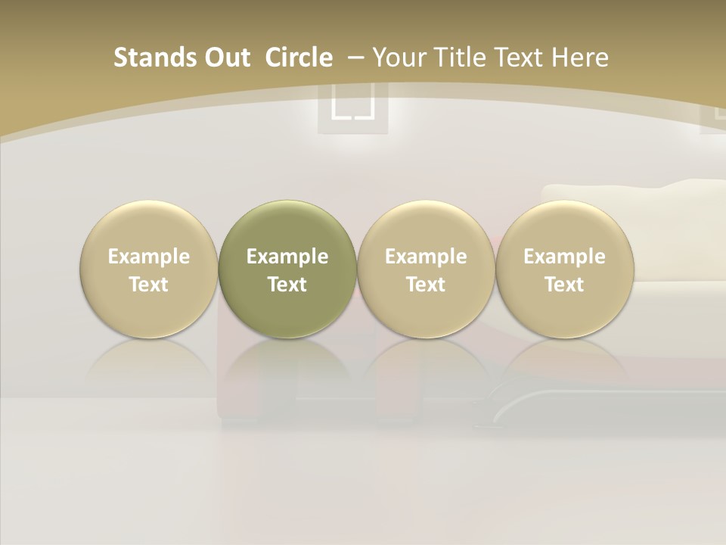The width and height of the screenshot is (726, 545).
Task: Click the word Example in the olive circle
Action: tap(287, 257)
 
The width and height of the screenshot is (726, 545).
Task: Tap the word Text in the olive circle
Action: tap(287, 285)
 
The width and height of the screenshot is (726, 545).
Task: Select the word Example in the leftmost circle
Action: tap(149, 257)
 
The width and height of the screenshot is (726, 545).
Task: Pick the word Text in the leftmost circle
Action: tap(149, 285)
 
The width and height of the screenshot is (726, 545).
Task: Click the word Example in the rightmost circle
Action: tap(564, 257)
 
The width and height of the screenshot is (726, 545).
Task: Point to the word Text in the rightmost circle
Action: tap(564, 285)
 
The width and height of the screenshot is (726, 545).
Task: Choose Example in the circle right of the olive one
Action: tap(426, 257)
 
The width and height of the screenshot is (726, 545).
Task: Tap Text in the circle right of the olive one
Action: tap(426, 285)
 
